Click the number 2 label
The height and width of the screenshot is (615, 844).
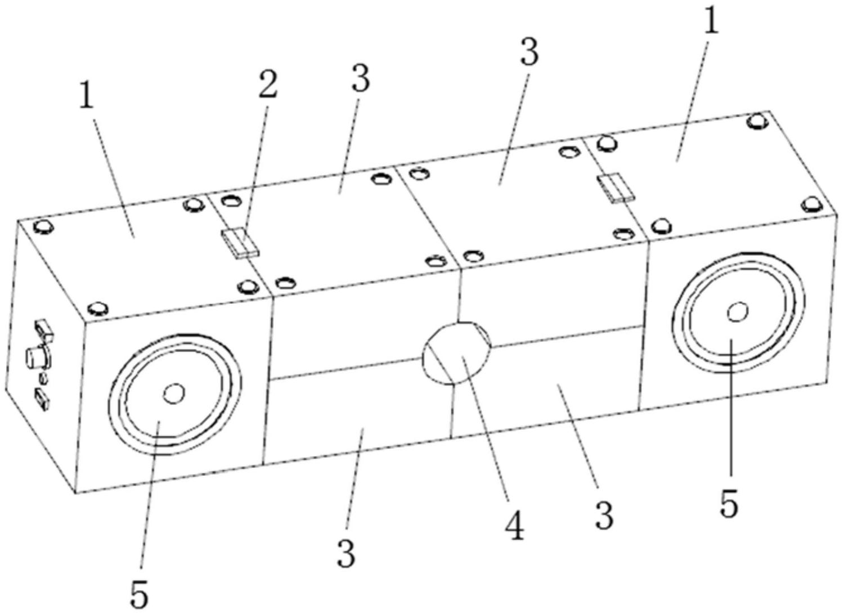[x=268, y=86]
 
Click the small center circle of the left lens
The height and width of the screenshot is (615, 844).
[x=174, y=394]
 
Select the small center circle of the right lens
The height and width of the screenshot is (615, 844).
[x=737, y=311]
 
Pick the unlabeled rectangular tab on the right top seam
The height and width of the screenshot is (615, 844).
[x=616, y=188]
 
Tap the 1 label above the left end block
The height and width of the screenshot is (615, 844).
[x=86, y=99]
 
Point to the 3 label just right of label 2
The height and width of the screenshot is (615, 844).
[x=360, y=79]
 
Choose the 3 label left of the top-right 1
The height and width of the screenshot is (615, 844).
[x=528, y=52]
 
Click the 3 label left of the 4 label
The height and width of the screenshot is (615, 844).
[x=347, y=554]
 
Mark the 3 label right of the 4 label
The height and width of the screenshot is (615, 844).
[x=604, y=516]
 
